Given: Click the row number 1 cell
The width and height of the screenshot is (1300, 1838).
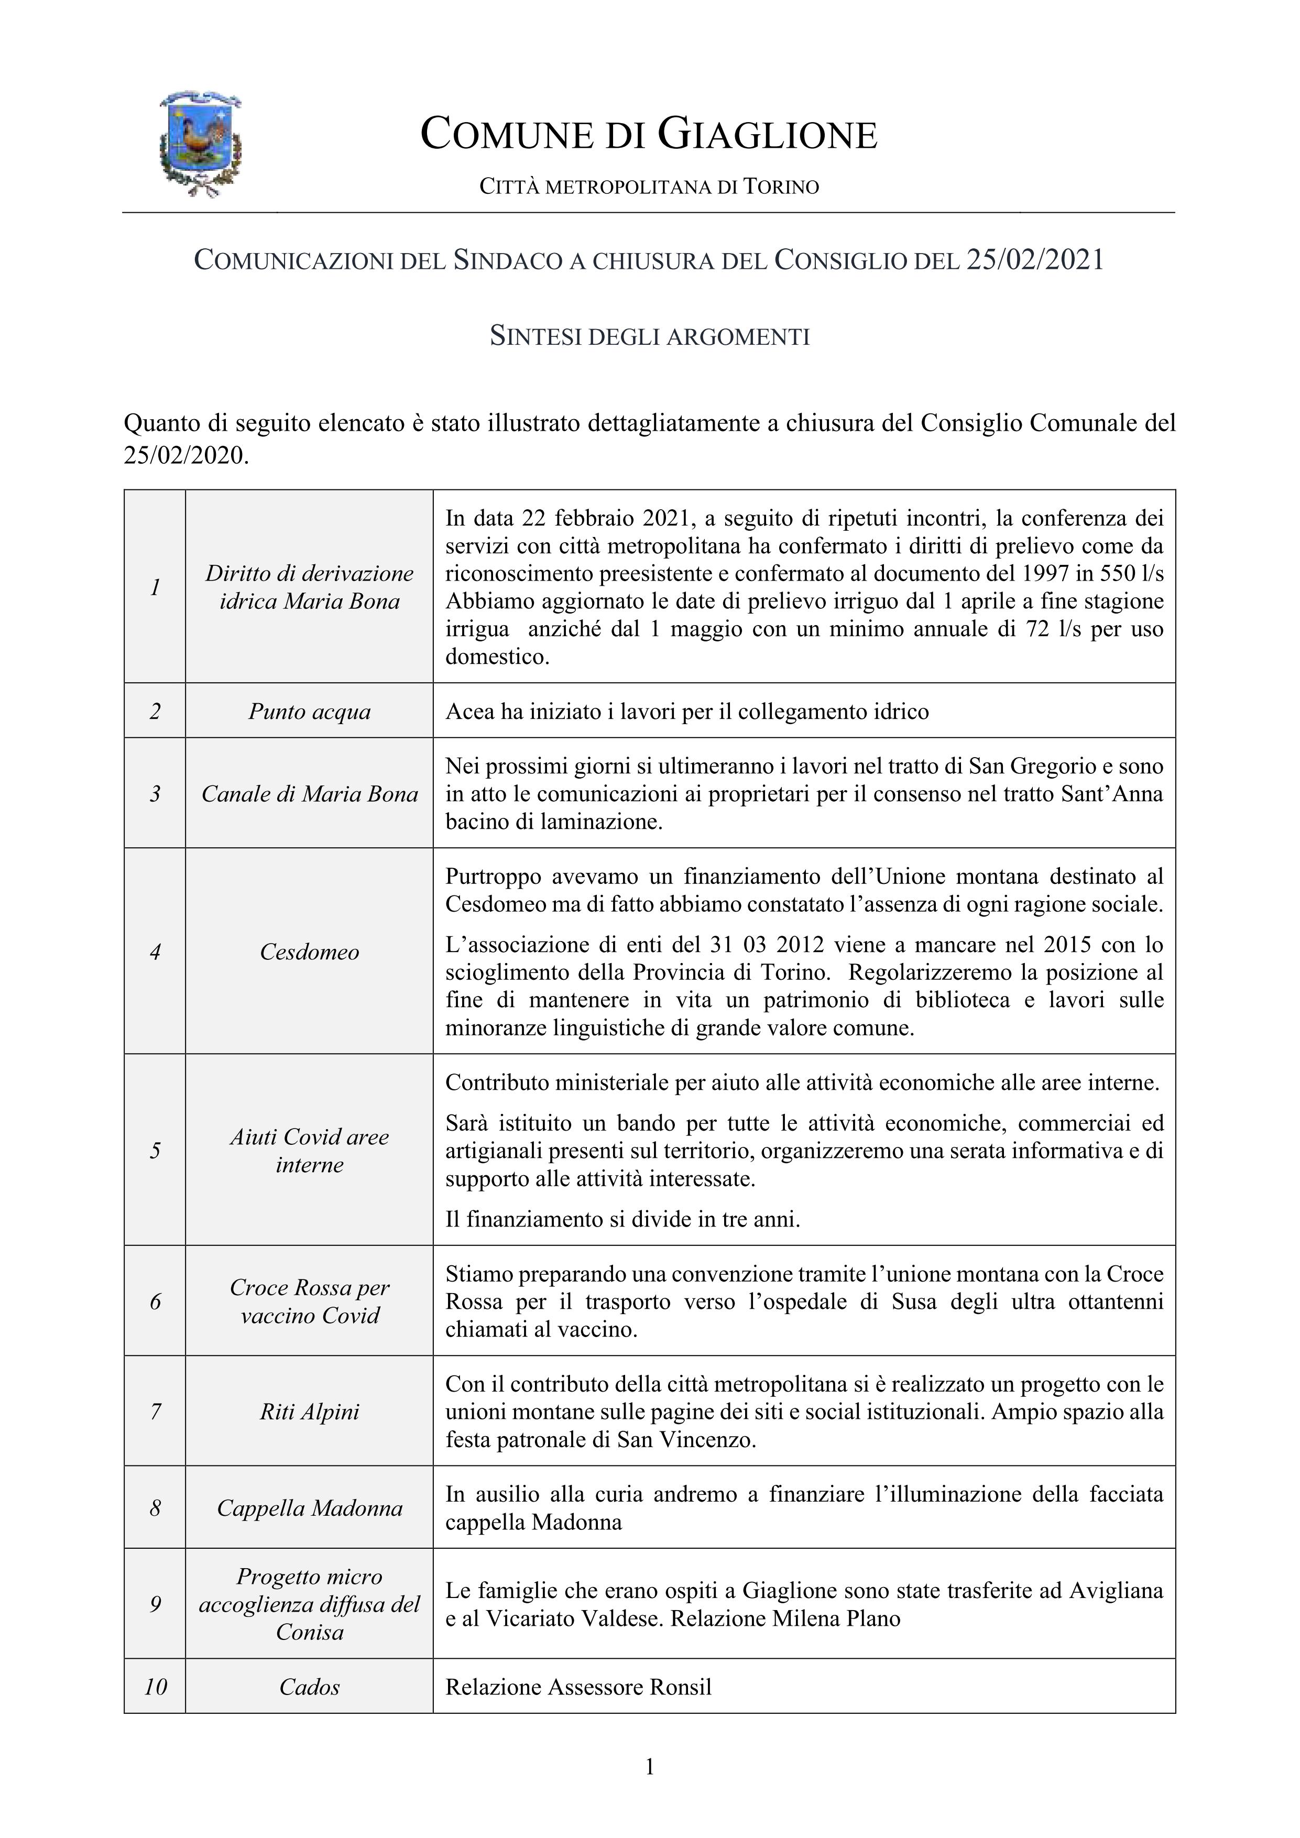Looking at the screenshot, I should (x=155, y=587).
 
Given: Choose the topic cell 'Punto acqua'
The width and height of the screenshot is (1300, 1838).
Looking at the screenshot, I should (x=309, y=711).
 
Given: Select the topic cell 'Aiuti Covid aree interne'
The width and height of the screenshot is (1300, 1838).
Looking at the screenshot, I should (x=309, y=1151).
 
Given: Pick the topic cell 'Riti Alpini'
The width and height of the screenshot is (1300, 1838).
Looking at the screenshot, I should (x=309, y=1412).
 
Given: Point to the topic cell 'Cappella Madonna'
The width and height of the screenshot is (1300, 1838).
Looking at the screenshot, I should (x=309, y=1508).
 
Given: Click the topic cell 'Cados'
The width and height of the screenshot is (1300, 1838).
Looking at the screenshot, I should (x=309, y=1687).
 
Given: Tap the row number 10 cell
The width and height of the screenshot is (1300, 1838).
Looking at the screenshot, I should (x=155, y=1687).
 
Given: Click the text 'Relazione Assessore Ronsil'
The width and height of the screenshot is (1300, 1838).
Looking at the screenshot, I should (x=578, y=1687).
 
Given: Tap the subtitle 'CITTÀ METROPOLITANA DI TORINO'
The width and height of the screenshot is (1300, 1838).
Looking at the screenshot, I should (x=649, y=188).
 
